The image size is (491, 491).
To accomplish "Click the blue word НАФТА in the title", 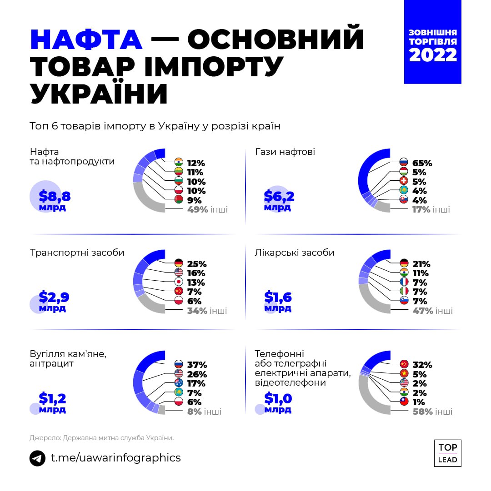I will pyautogui.click(x=86, y=40).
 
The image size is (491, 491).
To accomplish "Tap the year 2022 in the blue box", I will pyautogui.click(x=432, y=55).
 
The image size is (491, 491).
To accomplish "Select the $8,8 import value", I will pyautogui.click(x=55, y=197).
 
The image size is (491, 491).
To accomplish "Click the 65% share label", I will pyautogui.click(x=422, y=163).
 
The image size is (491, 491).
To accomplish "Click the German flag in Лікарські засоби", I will pyautogui.click(x=404, y=263).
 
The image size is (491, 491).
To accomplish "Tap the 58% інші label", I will pyautogui.click(x=432, y=412).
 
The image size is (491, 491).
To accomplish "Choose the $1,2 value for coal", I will pyautogui.click(x=53, y=398).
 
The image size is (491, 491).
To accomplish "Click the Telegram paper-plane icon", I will pyautogui.click(x=38, y=458).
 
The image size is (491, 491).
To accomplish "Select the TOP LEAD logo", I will pyautogui.click(x=447, y=453).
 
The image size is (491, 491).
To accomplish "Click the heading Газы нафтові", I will pyautogui.click(x=285, y=152).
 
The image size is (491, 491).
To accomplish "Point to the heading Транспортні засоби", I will pyautogui.click(x=77, y=253).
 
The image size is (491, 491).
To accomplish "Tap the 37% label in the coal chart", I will pyautogui.click(x=197, y=365).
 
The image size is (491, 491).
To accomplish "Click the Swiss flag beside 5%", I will pyautogui.click(x=404, y=182).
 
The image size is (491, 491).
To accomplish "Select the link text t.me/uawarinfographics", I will pyautogui.click(x=115, y=457).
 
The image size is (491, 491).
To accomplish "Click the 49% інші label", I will pyautogui.click(x=207, y=210).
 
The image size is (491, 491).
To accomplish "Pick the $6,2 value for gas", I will pyautogui.click(x=279, y=197).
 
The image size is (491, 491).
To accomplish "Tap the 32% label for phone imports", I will pyautogui.click(x=422, y=365).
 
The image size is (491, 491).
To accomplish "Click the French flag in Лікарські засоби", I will pyautogui.click(x=404, y=282).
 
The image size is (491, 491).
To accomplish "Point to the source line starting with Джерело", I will pyautogui.click(x=102, y=438).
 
